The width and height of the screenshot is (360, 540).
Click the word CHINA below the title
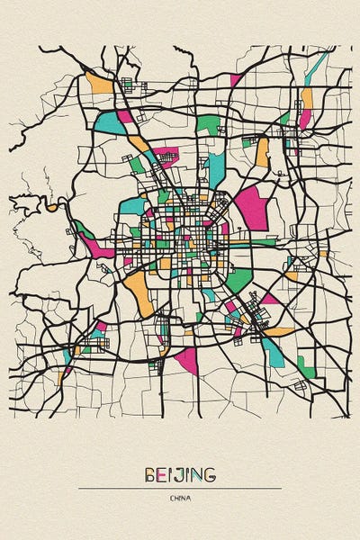point(180,498)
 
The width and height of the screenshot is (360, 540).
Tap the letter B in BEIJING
point(148,473)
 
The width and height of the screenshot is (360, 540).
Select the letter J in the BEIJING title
point(177,473)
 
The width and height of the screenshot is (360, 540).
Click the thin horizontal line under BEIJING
point(180,488)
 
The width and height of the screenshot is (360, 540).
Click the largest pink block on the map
point(251,207)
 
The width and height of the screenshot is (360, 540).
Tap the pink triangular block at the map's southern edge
point(187,360)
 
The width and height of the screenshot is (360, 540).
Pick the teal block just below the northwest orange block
point(108,120)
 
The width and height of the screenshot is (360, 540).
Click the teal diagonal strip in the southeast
point(274,351)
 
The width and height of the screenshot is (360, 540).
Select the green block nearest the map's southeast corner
point(306,366)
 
